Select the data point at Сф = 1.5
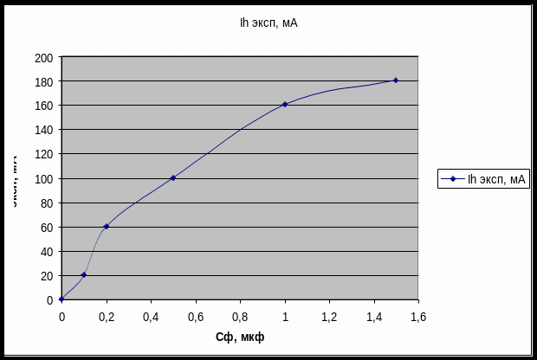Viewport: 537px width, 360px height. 396,80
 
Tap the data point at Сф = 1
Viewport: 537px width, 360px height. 284,105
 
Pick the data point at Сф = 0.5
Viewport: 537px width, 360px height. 173,177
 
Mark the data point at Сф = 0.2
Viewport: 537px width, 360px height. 107,226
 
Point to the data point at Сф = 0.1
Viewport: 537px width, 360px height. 84,274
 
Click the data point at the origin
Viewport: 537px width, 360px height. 61,299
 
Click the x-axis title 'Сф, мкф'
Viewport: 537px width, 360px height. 240,337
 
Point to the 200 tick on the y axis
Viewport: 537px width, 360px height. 44,58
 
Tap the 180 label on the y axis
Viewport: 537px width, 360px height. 44,82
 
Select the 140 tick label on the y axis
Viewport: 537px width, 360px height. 44,131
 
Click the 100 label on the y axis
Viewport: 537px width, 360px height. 44,179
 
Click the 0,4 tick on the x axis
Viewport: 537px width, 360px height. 151,317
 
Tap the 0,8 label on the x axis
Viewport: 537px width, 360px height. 240,317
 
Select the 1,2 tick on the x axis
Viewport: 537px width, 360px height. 329,317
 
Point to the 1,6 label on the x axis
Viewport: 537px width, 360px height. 418,317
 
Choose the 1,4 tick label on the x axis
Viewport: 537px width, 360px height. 374,317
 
